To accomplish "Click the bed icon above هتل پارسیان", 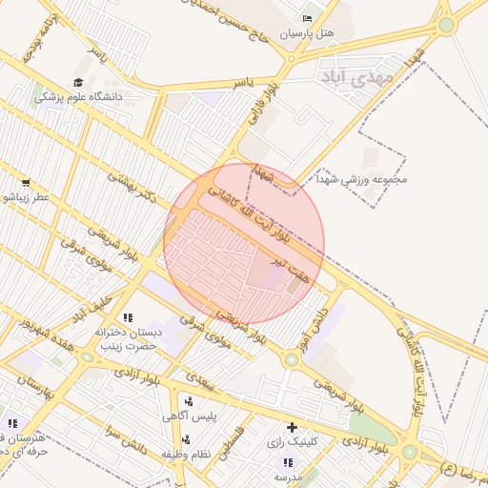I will pyautogui.click(x=306, y=19).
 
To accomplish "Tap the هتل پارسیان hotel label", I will pyautogui.click(x=307, y=33).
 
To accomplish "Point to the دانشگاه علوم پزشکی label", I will pyautogui.click(x=76, y=97).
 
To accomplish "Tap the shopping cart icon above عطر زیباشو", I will pyautogui.click(x=26, y=182).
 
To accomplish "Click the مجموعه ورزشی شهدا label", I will pyautogui.click(x=372, y=178).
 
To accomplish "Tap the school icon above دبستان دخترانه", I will pyautogui.click(x=128, y=317).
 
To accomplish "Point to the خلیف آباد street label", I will pyautogui.click(x=93, y=308).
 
